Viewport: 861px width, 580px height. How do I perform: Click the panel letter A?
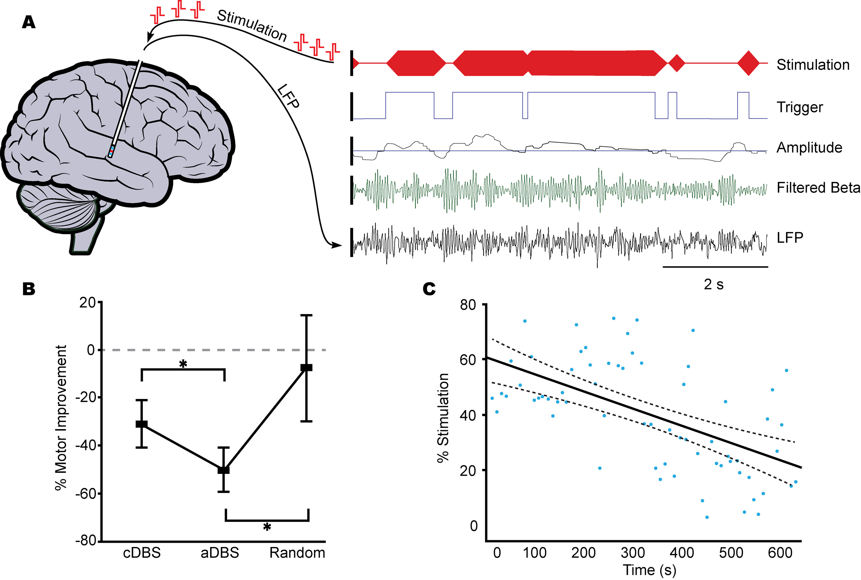click(x=28, y=23)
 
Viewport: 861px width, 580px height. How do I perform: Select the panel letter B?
click(x=28, y=289)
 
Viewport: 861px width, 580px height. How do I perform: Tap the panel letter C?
click(x=429, y=289)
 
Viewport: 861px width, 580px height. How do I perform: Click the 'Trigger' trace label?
click(x=800, y=107)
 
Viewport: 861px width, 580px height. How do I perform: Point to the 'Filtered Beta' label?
click(x=818, y=188)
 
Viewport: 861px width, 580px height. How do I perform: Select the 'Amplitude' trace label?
click(x=809, y=148)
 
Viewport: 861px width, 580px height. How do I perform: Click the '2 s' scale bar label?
click(x=713, y=284)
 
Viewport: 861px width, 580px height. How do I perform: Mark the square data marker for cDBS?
click(x=141, y=424)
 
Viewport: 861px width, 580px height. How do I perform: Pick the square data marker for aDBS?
click(x=224, y=470)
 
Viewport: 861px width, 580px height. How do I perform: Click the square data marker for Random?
click(x=306, y=367)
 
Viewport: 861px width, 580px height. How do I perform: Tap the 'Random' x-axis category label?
click(x=297, y=553)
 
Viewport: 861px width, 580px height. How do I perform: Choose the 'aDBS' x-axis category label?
click(x=220, y=553)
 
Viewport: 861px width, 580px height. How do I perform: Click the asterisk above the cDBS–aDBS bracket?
click(x=183, y=363)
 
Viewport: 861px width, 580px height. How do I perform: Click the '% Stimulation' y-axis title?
click(x=443, y=418)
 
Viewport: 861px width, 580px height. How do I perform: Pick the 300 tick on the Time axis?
click(x=633, y=553)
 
